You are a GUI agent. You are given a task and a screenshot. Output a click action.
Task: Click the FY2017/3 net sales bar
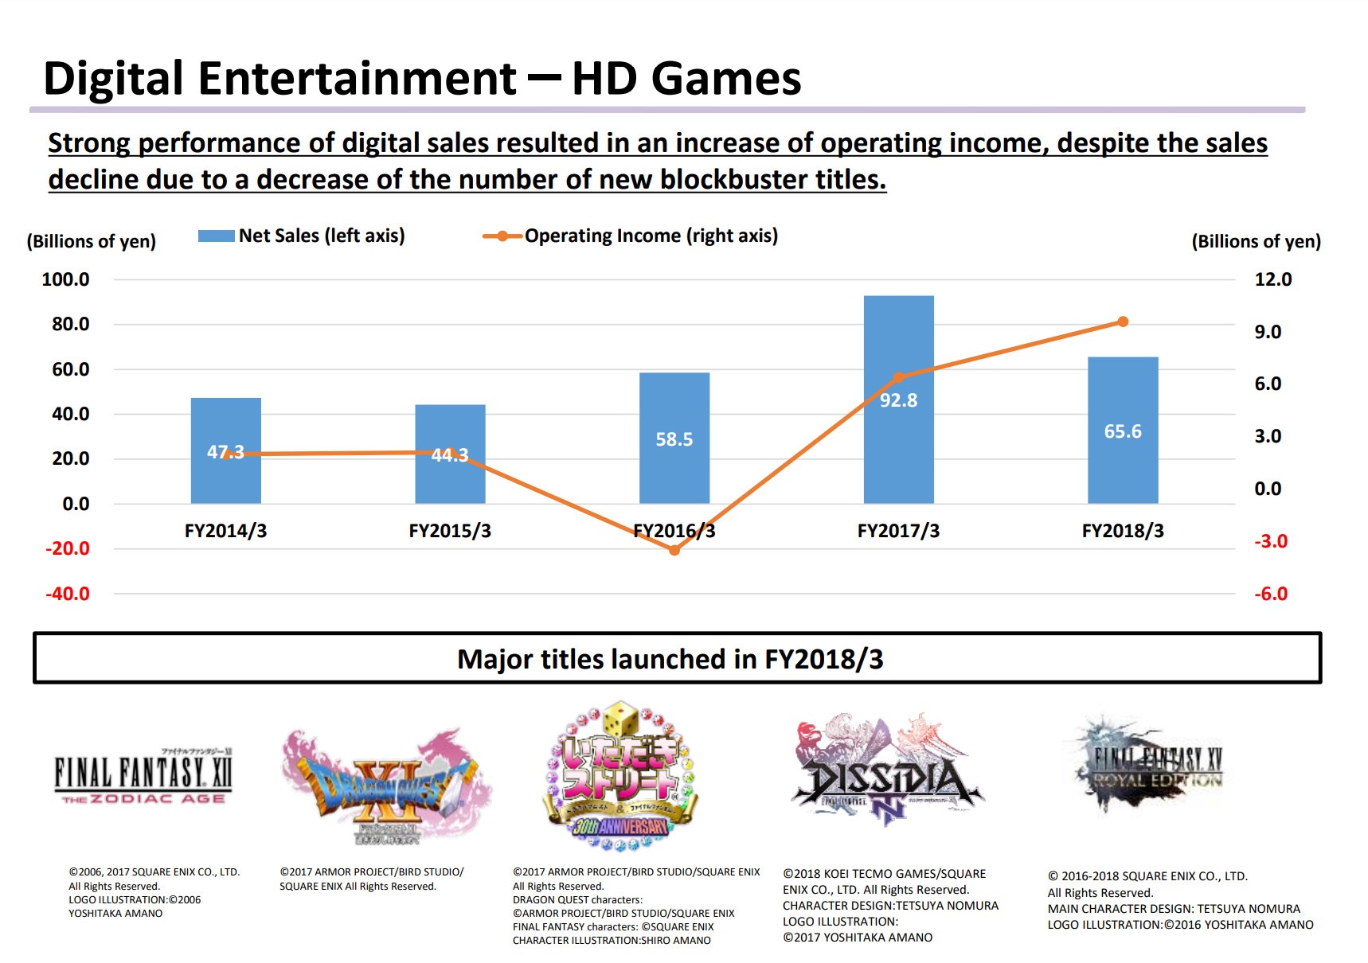(898, 446)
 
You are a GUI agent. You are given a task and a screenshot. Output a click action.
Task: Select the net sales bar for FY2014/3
(225, 478)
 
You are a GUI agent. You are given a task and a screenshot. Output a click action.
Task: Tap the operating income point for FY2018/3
(1123, 322)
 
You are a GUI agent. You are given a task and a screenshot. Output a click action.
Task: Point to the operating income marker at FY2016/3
(674, 550)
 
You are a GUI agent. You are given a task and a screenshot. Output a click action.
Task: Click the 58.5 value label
(674, 439)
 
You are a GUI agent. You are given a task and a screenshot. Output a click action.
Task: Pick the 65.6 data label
(1123, 431)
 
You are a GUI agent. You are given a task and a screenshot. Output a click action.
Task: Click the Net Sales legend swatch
(216, 236)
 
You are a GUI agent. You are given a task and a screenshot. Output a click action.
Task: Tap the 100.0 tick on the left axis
(65, 279)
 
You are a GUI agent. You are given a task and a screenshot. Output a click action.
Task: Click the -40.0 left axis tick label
(67, 594)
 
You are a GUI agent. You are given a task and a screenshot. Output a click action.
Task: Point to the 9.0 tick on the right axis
(1268, 332)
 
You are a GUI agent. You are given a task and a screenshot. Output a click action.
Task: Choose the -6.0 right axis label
(1271, 594)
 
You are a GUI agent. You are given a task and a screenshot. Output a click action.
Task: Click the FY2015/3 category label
(450, 531)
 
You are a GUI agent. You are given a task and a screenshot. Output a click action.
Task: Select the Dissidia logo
(887, 772)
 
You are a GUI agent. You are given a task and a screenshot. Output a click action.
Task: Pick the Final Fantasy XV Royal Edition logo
(1151, 764)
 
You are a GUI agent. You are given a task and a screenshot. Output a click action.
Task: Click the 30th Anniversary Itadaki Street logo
(621, 776)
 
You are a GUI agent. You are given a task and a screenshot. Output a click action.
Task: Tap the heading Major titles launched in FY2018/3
(670, 659)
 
